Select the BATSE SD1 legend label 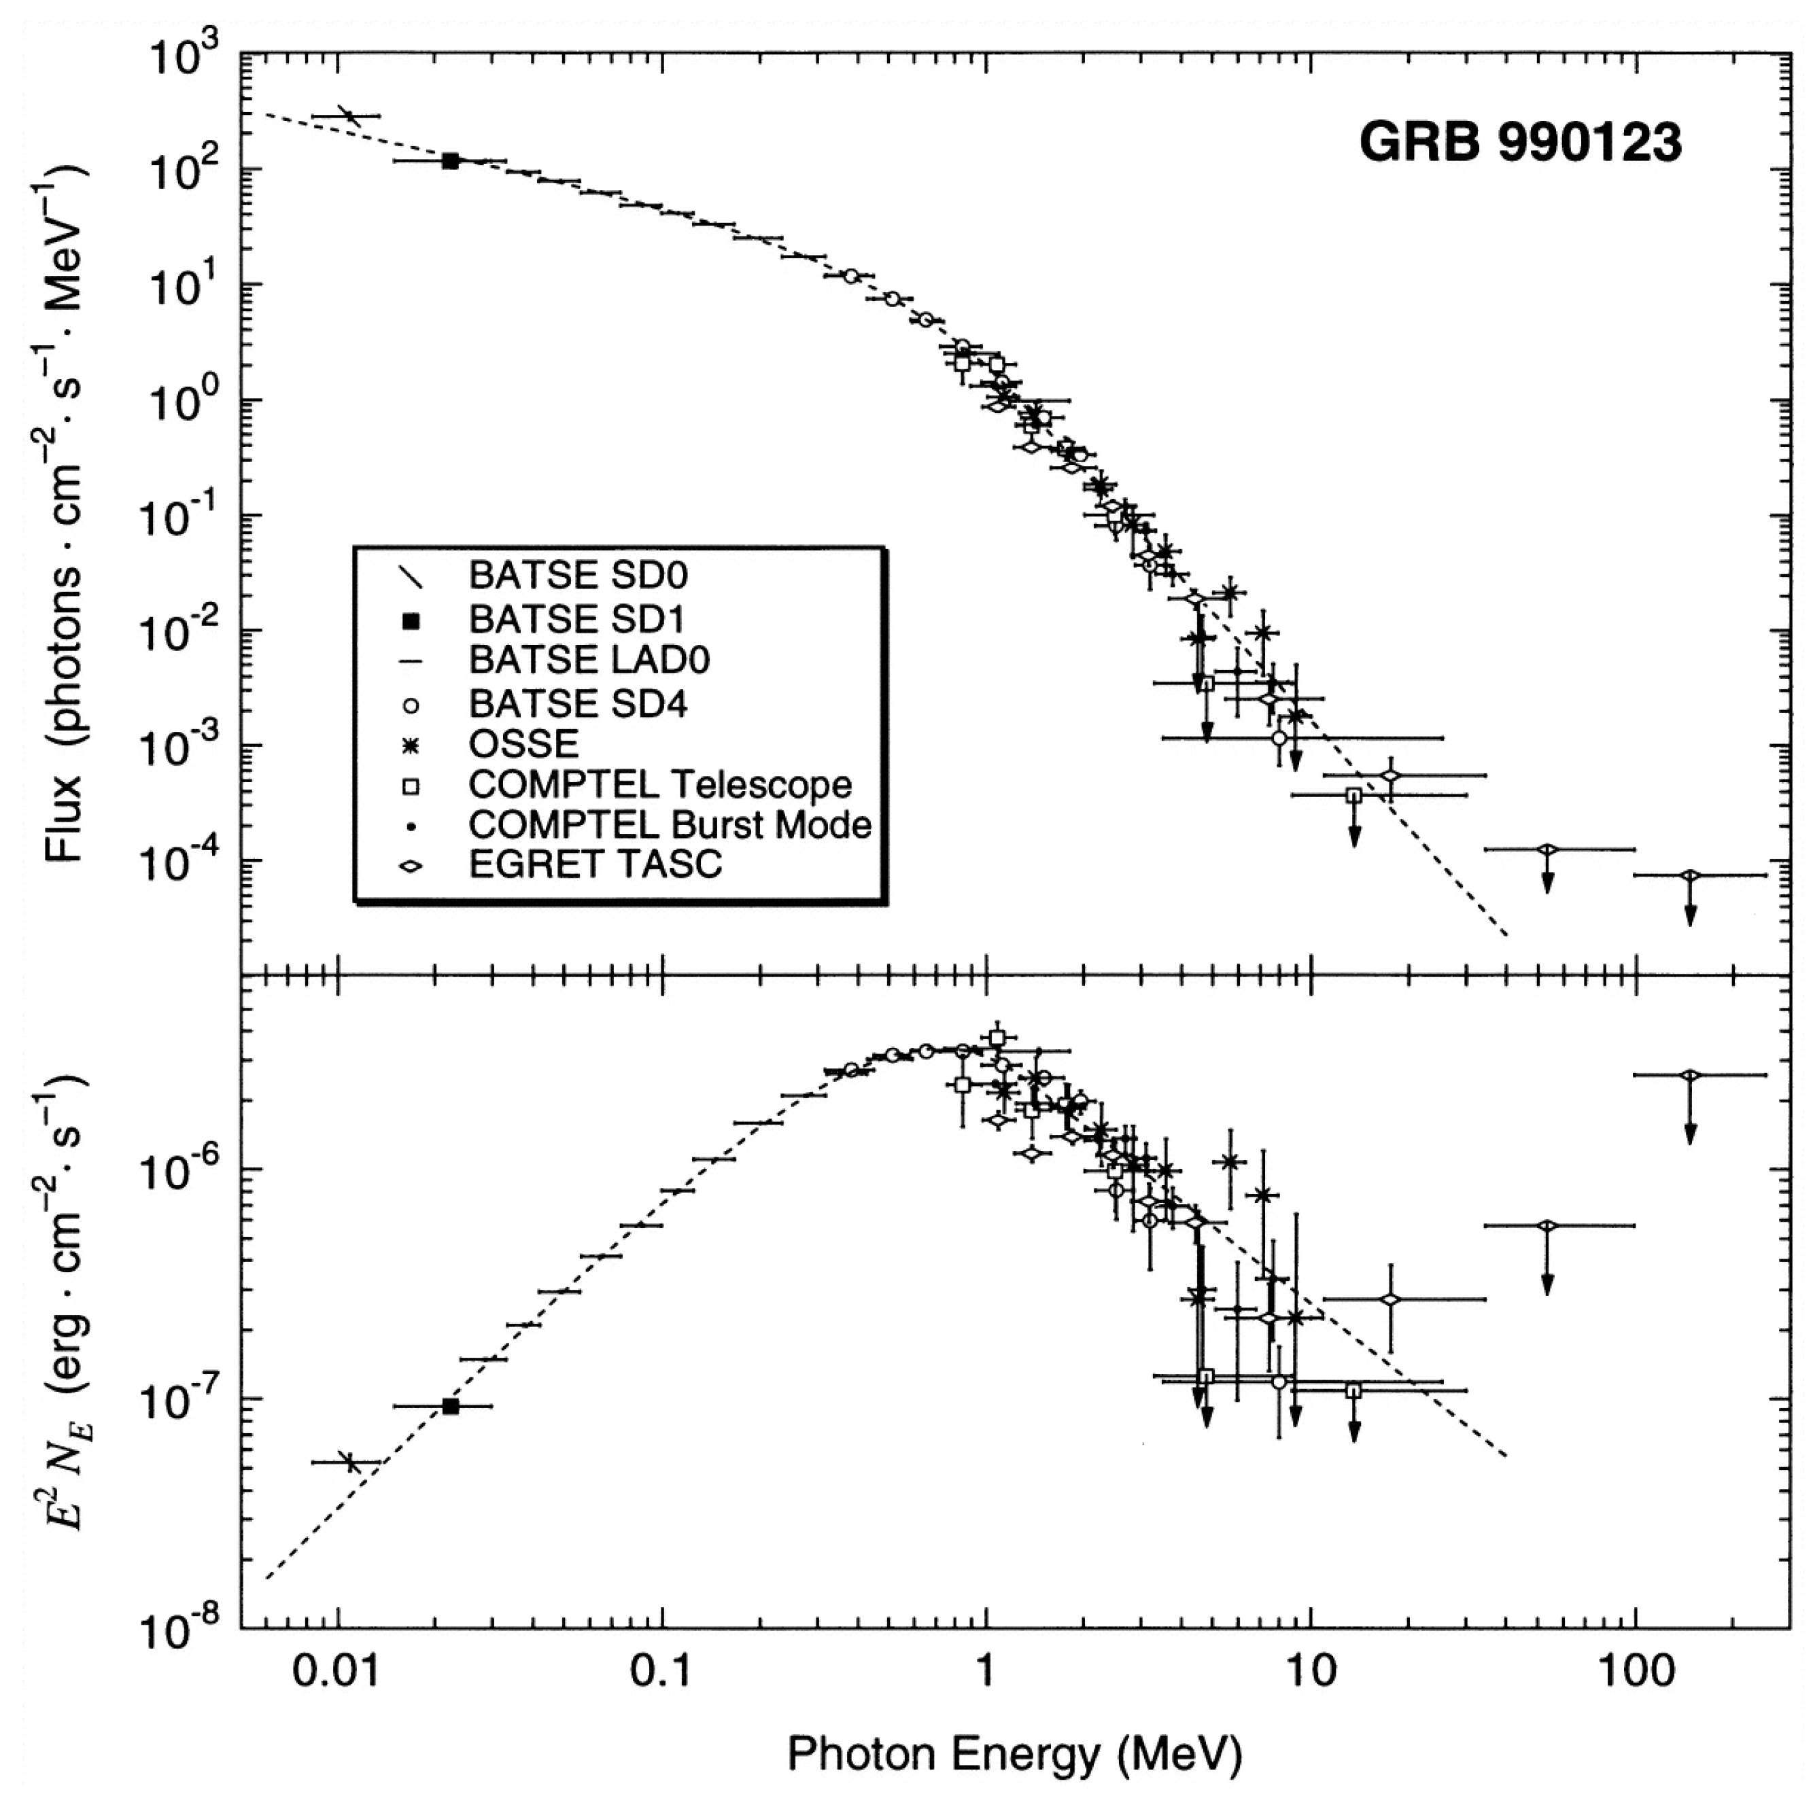[576, 619]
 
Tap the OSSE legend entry [523, 743]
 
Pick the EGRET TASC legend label [595, 863]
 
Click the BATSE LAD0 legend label [589, 660]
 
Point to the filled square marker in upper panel [451, 161]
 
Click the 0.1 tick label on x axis [663, 1673]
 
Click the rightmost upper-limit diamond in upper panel [1689, 875]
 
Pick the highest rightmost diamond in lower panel [1689, 1075]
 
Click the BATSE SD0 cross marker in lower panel [350, 1461]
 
